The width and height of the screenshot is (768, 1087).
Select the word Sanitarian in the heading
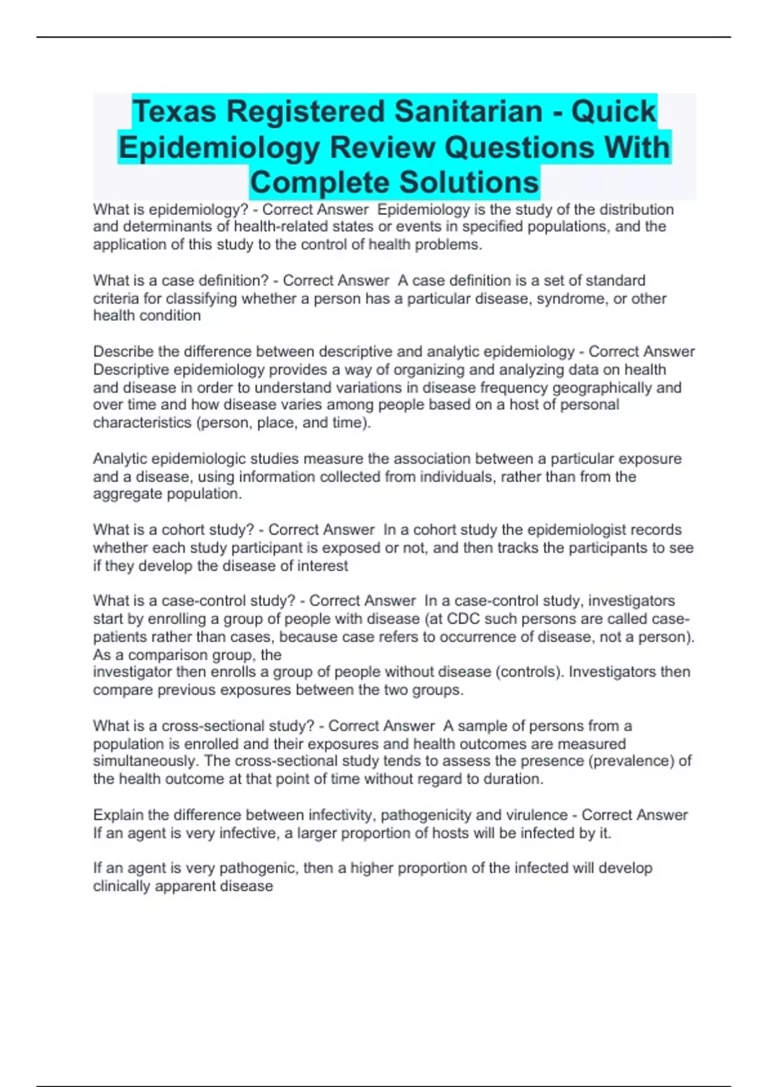(x=468, y=112)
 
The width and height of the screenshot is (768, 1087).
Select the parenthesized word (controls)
(x=529, y=672)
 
